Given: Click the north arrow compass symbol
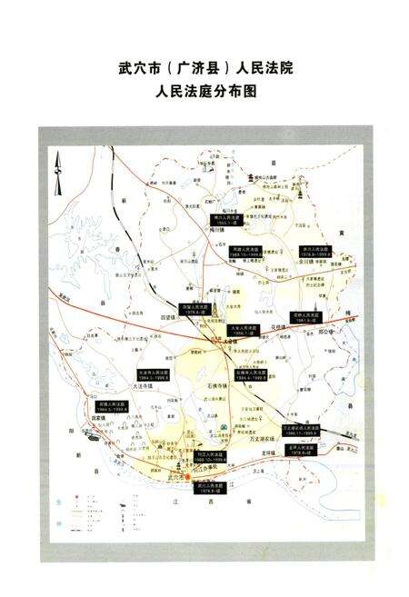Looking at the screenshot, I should (x=56, y=174).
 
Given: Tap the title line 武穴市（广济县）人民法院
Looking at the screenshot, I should (x=204, y=69).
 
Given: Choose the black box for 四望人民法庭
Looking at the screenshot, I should (x=194, y=310).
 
